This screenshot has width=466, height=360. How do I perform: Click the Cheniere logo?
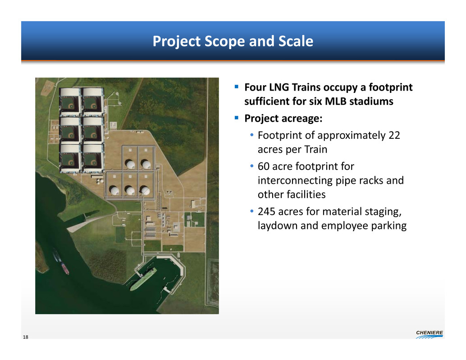tap(429, 334)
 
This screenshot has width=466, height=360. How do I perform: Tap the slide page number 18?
tap(26, 337)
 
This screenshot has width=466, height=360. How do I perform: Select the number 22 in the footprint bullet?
tap(394, 136)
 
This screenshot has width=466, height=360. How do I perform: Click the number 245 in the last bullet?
tap(267, 211)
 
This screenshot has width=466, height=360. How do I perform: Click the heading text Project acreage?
tap(283, 118)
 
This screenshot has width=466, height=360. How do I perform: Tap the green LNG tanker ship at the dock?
tap(143, 279)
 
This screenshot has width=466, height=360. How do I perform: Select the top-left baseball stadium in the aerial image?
tap(70, 102)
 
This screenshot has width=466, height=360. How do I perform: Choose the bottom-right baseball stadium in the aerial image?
tap(93, 158)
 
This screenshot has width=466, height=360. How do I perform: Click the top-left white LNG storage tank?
tap(130, 164)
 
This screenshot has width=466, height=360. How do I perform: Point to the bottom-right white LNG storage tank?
tap(145, 191)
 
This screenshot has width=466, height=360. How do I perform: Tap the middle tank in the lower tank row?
tap(130, 191)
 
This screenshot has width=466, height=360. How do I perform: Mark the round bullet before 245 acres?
tap(252, 211)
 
